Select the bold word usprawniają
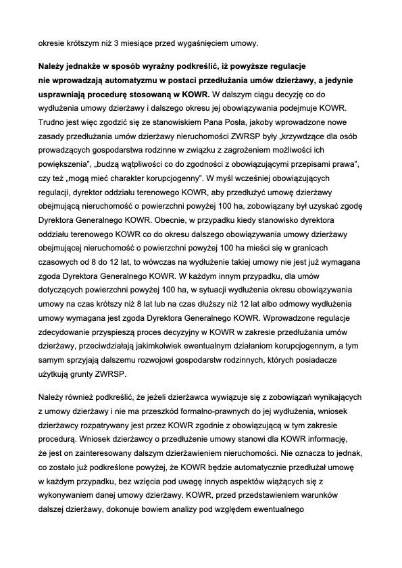pyautogui.click(x=64, y=94)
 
